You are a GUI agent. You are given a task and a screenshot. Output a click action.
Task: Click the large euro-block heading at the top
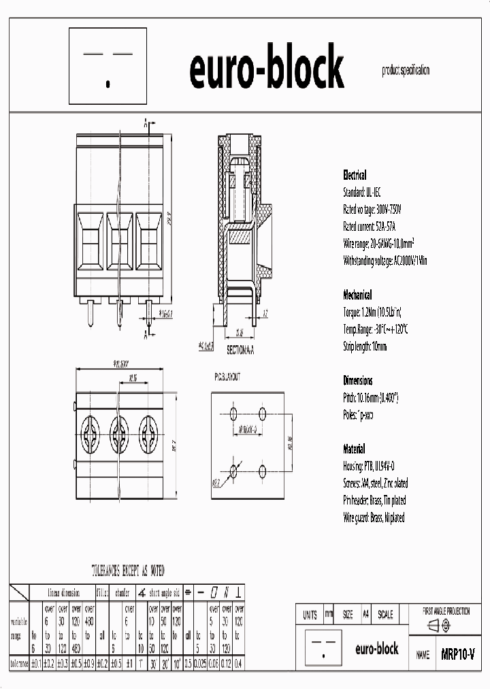pyautogui.click(x=266, y=70)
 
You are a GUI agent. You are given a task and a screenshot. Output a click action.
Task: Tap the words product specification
pyautogui.click(x=406, y=70)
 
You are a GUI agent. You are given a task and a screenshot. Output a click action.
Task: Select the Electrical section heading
pyautogui.click(x=355, y=175)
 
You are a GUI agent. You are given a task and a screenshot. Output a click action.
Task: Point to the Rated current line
pyautogui.click(x=372, y=226)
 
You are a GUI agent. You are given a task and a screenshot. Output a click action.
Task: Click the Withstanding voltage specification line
pyautogui.click(x=385, y=260)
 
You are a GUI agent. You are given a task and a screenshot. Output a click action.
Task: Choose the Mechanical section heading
pyautogui.click(x=357, y=295)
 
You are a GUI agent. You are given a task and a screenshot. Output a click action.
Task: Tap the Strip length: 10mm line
pyautogui.click(x=365, y=346)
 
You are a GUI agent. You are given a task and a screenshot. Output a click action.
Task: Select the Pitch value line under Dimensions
pyautogui.click(x=370, y=398)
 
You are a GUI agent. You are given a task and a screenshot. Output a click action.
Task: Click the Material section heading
pyautogui.click(x=354, y=449)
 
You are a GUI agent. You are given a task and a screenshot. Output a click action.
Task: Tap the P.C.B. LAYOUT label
pyautogui.click(x=227, y=376)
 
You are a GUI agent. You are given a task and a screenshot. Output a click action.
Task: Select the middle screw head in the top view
pyautogui.click(x=120, y=431)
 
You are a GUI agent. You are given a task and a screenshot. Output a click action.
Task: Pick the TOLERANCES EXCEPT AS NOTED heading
pyautogui.click(x=128, y=571)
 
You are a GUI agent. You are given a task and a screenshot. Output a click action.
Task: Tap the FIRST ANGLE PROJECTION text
pyautogui.click(x=446, y=611)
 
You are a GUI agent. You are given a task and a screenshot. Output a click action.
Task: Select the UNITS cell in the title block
pyautogui.click(x=310, y=614)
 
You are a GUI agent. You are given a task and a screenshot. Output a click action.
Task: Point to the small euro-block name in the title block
pyautogui.click(x=377, y=649)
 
